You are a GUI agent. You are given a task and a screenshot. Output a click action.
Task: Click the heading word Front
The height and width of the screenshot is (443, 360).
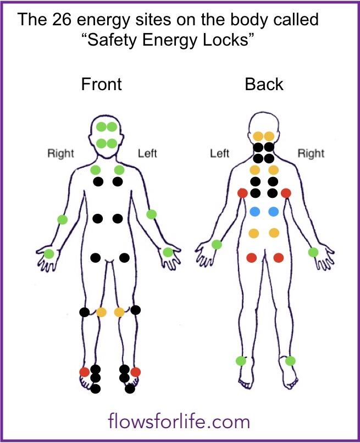[x=101, y=84]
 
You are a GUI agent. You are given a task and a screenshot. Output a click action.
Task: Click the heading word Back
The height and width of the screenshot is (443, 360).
[x=264, y=84]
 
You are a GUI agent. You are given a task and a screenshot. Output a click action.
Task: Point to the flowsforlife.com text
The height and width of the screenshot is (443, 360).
[x=179, y=422]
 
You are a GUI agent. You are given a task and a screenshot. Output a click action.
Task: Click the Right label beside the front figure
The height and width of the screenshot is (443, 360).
[x=60, y=153]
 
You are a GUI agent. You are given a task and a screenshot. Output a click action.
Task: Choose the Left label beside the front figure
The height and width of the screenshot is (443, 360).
[x=147, y=153]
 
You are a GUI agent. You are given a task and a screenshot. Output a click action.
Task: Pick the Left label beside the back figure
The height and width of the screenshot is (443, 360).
[x=219, y=153]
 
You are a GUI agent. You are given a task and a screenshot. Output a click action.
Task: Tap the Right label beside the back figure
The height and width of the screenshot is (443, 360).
[x=311, y=153]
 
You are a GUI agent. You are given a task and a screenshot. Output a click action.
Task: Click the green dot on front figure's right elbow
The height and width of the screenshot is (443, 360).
[x=63, y=220]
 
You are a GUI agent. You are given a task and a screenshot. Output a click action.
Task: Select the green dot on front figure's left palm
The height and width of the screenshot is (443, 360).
[x=168, y=252]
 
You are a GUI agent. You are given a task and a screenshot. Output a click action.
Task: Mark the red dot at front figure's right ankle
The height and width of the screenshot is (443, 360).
[x=84, y=372]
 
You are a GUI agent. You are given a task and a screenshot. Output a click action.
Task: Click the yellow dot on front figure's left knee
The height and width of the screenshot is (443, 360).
[x=119, y=313]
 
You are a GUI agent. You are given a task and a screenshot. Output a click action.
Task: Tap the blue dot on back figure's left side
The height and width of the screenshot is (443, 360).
[x=254, y=212]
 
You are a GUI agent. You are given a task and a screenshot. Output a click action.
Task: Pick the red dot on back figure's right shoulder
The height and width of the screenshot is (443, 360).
[x=286, y=193]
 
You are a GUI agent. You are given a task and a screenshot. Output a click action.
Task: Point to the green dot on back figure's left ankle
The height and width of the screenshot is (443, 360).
[x=241, y=361]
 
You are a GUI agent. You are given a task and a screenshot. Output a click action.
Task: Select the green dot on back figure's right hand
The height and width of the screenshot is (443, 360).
[x=313, y=252]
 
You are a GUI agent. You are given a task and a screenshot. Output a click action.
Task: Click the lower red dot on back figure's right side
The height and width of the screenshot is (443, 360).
[x=278, y=257]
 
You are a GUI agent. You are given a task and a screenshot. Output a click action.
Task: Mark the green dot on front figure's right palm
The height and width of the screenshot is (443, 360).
[x=49, y=254]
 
